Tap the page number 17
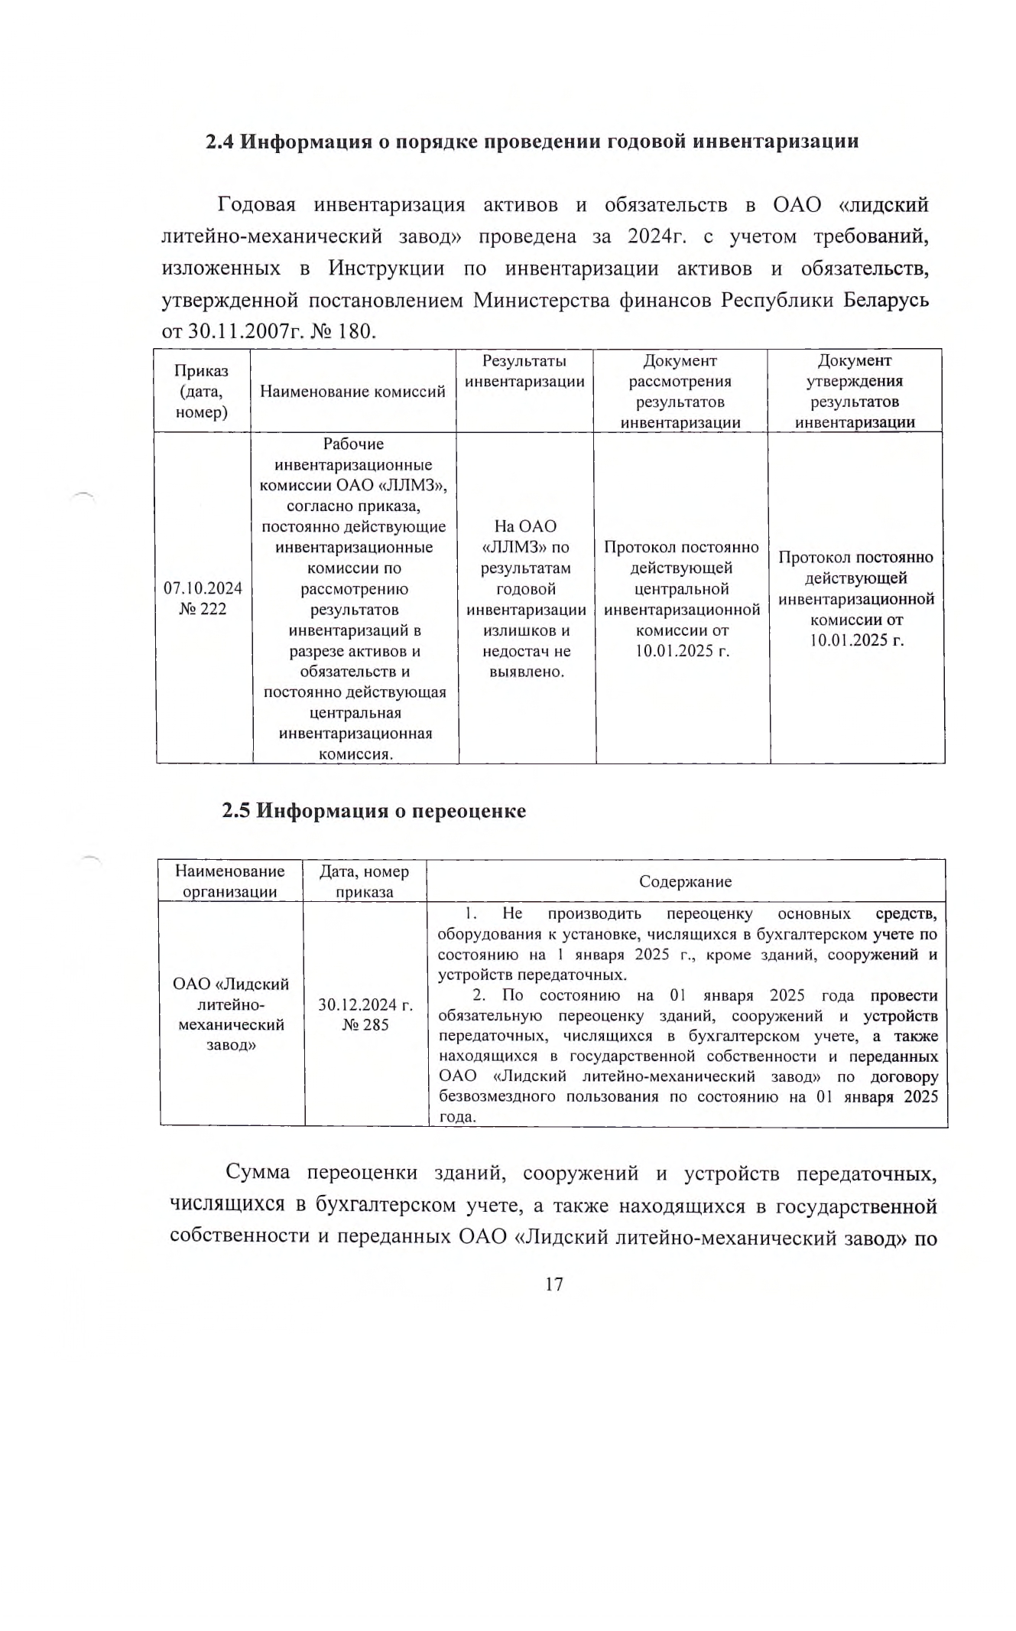point(554,1284)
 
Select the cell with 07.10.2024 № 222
point(203,598)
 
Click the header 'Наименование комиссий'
point(352,392)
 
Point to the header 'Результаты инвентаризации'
point(525,371)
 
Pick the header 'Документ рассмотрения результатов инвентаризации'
point(680,392)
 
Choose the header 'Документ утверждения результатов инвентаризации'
point(855,392)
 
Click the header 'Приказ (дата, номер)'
point(202,392)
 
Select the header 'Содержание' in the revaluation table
point(685,881)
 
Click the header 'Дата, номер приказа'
point(365,881)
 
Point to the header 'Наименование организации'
point(230,881)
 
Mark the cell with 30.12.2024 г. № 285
point(365,1014)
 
